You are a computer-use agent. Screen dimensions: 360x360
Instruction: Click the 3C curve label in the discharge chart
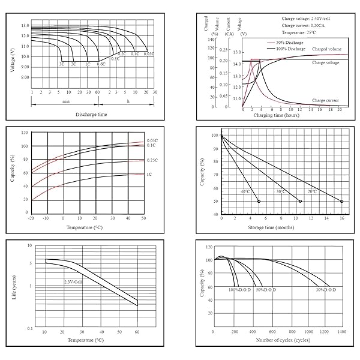click(61, 64)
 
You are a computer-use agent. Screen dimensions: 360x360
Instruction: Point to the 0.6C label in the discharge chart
click(101, 64)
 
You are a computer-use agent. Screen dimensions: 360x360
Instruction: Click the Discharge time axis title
click(91, 114)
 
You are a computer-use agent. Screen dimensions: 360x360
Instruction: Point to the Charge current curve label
click(326, 100)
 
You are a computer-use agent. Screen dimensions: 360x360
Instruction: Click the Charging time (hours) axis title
click(276, 114)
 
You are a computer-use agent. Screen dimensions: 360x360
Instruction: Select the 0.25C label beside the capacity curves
click(152, 160)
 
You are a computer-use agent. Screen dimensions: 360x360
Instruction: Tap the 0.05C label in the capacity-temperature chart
click(152, 140)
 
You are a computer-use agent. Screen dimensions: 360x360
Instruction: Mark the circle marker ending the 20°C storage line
click(341, 202)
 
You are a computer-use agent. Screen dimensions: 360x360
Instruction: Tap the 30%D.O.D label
click(325, 290)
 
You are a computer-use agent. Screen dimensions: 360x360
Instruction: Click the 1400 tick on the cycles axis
click(341, 331)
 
